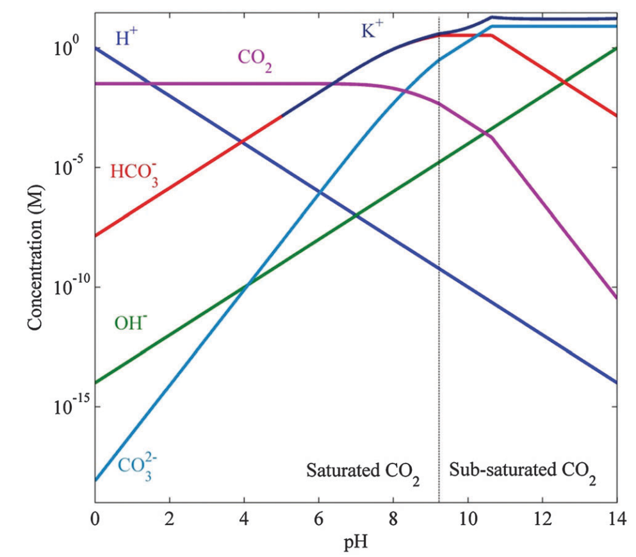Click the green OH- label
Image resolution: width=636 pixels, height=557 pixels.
(x=131, y=320)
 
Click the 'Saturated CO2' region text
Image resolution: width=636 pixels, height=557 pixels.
(x=363, y=472)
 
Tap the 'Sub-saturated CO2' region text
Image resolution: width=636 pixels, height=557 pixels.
(x=523, y=471)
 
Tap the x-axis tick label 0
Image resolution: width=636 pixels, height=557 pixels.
(x=95, y=518)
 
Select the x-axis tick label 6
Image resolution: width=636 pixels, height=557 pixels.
(x=318, y=518)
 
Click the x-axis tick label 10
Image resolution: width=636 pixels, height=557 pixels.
(x=468, y=518)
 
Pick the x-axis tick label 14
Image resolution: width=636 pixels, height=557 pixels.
(x=616, y=518)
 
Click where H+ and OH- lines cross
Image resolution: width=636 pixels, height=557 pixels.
(x=355, y=215)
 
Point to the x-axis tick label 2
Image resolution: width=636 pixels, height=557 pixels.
(x=169, y=518)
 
